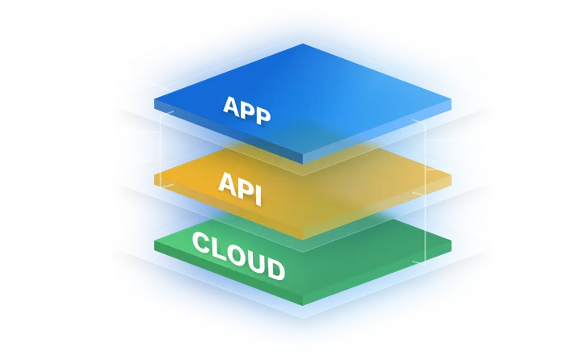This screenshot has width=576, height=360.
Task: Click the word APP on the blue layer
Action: pos(246,107)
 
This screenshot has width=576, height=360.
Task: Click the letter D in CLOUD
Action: pos(275,269)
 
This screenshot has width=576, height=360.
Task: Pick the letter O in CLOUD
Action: pos(236,253)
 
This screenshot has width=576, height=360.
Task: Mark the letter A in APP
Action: pos(229,103)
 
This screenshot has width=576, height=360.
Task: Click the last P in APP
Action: pos(262,113)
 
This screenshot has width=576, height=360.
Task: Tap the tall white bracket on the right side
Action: pos(424,194)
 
